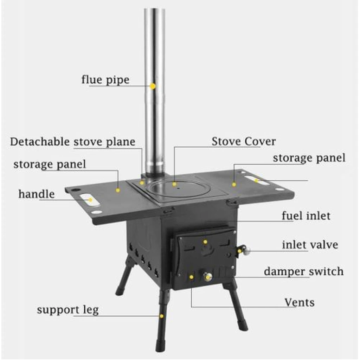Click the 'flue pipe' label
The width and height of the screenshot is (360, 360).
click(x=105, y=80)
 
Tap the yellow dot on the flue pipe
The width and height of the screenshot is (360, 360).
click(x=153, y=86)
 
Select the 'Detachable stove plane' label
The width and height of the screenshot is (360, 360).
click(x=72, y=142)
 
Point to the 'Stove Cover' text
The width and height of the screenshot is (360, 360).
click(x=244, y=141)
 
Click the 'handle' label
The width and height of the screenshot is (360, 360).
click(x=37, y=194)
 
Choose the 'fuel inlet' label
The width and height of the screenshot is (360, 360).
click(x=306, y=216)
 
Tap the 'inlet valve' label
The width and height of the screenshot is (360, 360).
click(x=310, y=245)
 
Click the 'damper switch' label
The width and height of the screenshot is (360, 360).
click(x=304, y=271)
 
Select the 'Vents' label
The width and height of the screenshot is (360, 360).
click(x=300, y=302)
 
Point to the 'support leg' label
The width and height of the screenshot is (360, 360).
click(x=68, y=310)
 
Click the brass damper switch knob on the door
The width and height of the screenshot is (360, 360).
click(x=208, y=276)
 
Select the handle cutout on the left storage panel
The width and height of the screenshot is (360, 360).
click(x=90, y=200)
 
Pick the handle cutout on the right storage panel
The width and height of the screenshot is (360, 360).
click(x=257, y=180)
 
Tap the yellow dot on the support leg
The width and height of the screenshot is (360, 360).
click(x=162, y=316)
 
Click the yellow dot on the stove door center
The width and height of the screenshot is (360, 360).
click(x=205, y=242)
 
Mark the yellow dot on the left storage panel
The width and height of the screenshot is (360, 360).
click(x=118, y=190)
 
